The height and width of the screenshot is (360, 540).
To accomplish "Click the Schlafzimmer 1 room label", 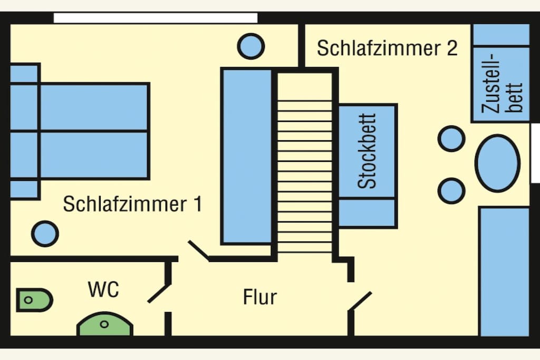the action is click(132, 203).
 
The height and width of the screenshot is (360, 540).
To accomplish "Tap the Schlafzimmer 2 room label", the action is click(387, 48).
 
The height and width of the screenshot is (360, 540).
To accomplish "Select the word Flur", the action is click(260, 297).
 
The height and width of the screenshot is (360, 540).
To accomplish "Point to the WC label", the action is click(103, 289).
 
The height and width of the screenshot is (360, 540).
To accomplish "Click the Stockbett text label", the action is click(367, 151).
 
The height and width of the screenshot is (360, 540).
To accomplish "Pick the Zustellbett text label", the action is click(502, 83).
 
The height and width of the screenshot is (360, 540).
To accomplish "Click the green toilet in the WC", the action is click(34, 300).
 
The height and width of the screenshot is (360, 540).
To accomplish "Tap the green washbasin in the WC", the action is click(105, 324).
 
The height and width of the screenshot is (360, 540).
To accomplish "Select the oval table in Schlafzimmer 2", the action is click(497, 163).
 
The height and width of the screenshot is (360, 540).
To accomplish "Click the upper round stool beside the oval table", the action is click(451, 139).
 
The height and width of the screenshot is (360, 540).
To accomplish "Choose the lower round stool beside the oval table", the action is click(451, 191).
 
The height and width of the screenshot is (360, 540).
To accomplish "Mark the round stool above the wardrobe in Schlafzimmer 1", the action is click(250, 46).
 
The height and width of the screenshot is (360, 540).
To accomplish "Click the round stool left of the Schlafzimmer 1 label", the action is click(45, 233).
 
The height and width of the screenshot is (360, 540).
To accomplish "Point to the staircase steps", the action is click(305, 176).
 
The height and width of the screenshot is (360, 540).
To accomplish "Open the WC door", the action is click(159, 294).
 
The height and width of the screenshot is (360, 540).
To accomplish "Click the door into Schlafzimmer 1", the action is click(199, 250).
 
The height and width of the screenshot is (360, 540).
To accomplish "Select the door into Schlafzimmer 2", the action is click(361, 301).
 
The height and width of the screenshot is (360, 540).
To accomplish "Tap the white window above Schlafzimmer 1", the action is click(156, 18).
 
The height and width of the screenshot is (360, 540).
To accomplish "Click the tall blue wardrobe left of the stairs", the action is click(247, 156).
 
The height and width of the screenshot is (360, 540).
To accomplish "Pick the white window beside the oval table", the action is click(535, 153).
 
